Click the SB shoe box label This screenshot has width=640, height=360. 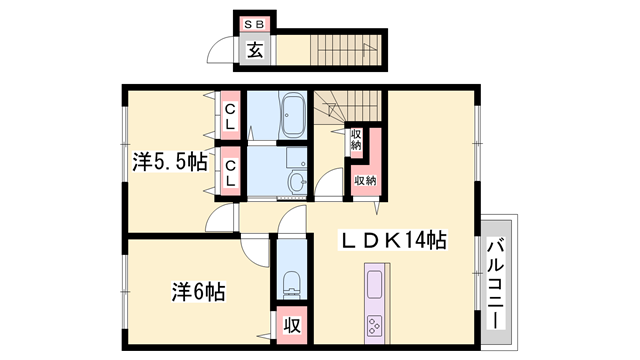coord(255,23)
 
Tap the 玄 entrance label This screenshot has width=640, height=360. coord(254,50)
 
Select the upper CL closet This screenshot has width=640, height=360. coord(229,116)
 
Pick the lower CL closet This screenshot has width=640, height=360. coord(229,172)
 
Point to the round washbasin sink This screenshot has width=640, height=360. coord(297,181)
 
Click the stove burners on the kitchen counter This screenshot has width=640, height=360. coord(377,326)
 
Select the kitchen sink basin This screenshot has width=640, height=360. coord(377,284)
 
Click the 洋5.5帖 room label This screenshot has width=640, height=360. coord(170,161)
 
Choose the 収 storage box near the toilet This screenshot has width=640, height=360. coord(292,325)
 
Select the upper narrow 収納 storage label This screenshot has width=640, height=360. coord(356,139)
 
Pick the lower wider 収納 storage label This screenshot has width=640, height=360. coord(364,180)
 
